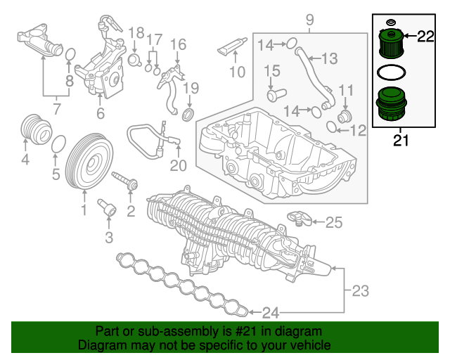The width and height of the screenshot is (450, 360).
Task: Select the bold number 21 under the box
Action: tap(401, 141)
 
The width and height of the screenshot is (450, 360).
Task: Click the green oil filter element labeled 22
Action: tap(389, 44)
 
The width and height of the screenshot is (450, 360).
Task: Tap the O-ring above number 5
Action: tap(60, 144)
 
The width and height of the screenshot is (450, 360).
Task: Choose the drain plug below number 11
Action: tap(344, 114)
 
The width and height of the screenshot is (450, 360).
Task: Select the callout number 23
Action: tap(360, 290)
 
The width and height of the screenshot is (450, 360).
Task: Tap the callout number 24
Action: tap(271, 311)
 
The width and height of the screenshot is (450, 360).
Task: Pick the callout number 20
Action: tap(179, 166)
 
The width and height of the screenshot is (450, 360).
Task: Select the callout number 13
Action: tap(329, 58)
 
